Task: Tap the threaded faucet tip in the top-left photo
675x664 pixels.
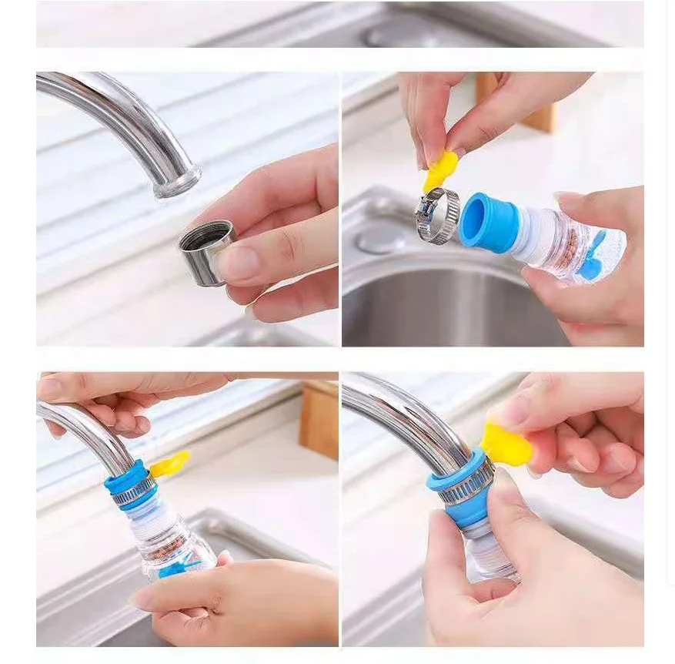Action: pyautogui.click(x=177, y=183)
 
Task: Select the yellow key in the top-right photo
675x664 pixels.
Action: pyautogui.click(x=440, y=170)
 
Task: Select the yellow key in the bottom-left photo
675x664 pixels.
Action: pyautogui.click(x=169, y=464)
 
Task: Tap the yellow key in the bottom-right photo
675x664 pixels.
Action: pyautogui.click(x=506, y=444)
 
